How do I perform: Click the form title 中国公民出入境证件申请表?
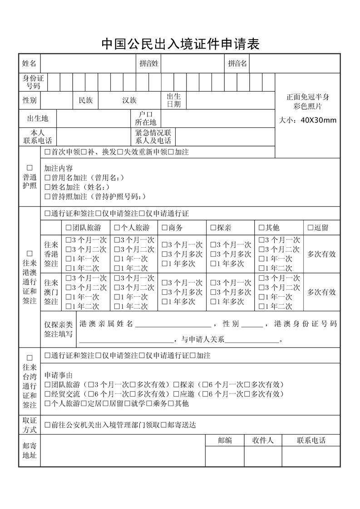click(180, 44)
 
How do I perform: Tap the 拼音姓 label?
click(149, 64)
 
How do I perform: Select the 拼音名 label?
click(237, 64)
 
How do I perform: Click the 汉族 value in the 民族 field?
click(129, 100)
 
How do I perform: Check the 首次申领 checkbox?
click(48, 152)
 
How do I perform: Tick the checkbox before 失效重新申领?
click(120, 152)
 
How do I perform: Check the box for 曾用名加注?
click(48, 177)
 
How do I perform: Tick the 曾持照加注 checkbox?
click(48, 196)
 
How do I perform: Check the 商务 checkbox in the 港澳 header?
click(165, 228)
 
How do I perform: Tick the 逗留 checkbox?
click(311, 228)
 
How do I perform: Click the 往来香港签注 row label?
click(51, 254)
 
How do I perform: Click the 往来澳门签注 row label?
click(51, 292)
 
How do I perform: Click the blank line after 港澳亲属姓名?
click(173, 324)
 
